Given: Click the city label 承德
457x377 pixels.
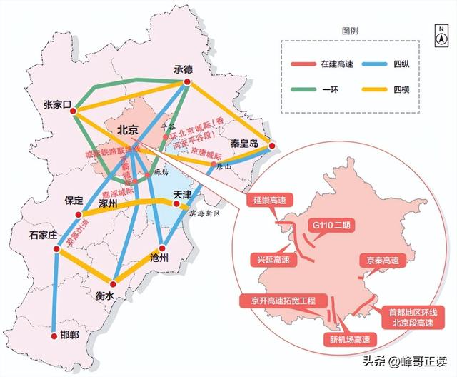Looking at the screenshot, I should coord(184,69).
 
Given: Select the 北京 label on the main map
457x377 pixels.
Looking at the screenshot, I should coord(126,130).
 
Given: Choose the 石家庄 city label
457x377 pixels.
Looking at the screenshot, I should coord(42,234).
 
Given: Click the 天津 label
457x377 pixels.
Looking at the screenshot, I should coord(183,193).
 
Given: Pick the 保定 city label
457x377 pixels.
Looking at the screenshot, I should coord(74,201).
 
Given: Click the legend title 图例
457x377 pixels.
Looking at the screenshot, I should coord(350,31).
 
